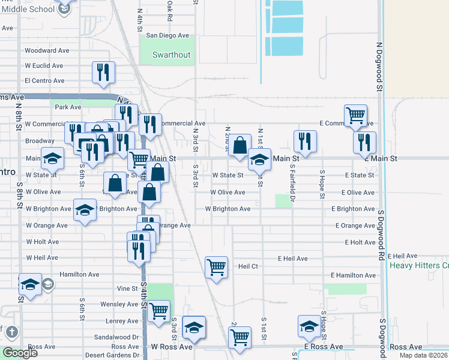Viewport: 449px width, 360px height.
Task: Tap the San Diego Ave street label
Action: tap(168, 35)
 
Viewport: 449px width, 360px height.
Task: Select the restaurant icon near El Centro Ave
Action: tap(103, 73)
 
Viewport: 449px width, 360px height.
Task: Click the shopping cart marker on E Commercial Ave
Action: tap(356, 115)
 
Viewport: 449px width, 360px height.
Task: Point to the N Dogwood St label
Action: tap(379, 66)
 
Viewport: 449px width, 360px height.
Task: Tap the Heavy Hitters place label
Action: tap(419, 265)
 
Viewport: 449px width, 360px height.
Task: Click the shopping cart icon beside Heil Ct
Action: tap(216, 266)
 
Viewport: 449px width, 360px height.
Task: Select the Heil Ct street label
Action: tap(248, 266)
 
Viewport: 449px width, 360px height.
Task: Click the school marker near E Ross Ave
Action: tap(309, 326)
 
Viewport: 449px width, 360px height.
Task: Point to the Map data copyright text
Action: tap(423, 355)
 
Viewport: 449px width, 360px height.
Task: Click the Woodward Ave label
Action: tap(45, 50)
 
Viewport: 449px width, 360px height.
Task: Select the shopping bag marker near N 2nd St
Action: tap(240, 145)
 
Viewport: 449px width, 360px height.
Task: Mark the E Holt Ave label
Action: tap(360, 242)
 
